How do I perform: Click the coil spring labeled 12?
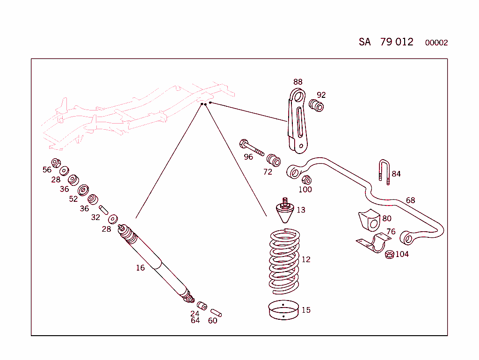pos(284,260)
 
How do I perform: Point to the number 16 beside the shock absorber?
pos(140,268)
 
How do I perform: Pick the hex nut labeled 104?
pos(389,255)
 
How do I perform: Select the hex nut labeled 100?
pos(307,180)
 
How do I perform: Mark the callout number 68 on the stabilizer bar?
pos(410,200)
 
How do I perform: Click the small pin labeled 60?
pos(216,312)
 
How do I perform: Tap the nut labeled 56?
pos(56,163)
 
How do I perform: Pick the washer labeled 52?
pos(83,190)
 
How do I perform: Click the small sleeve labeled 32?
pos(104,209)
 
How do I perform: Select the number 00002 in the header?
pos(436,43)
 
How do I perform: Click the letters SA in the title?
pos(365,42)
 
